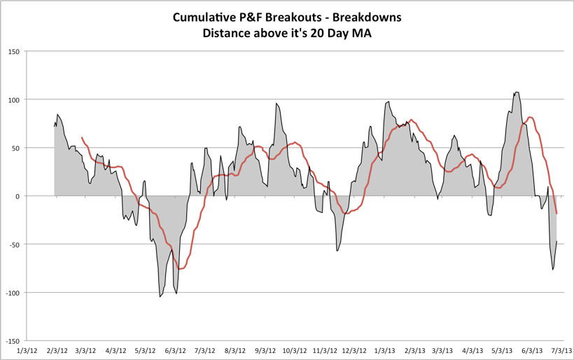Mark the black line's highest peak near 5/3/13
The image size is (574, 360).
(517, 92)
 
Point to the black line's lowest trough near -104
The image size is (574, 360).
(160, 297)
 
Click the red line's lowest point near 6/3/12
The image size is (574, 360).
(180, 269)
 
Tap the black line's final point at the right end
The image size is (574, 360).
(557, 242)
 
